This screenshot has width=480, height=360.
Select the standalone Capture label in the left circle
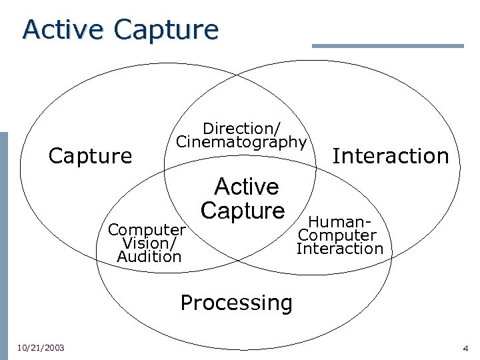(91, 156)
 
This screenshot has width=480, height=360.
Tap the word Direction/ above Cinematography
(241, 127)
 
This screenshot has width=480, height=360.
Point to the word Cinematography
(241, 141)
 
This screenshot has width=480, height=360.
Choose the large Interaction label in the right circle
(391, 156)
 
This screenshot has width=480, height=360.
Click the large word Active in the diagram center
(246, 186)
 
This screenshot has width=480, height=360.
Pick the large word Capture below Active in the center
(243, 210)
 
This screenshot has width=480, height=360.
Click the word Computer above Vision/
(147, 230)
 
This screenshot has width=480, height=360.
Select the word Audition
(149, 256)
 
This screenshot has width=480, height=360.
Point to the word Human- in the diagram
(339, 223)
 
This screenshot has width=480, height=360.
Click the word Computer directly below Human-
(337, 235)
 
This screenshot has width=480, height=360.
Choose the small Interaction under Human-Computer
(340, 249)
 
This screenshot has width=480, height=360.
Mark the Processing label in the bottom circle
(236, 303)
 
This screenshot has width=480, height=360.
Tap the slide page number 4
(465, 348)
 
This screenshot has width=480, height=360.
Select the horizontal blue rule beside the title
(387, 46)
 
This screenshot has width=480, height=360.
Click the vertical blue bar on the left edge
(3, 240)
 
